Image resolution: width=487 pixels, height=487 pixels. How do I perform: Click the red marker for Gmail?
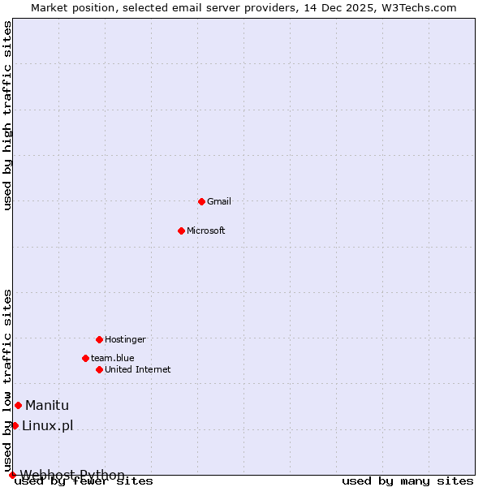tap(201, 201)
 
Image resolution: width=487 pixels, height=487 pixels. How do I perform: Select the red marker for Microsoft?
tap(181, 231)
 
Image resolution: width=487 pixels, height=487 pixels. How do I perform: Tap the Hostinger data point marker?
tap(99, 339)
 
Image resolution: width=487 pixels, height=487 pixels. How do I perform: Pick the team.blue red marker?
tap(85, 358)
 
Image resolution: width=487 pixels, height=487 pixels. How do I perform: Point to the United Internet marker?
tap(99, 369)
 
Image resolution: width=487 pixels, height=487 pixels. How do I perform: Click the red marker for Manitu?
tap(18, 405)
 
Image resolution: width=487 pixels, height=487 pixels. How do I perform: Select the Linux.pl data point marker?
tap(15, 425)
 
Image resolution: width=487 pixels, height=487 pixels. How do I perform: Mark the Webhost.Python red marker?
tap(12, 475)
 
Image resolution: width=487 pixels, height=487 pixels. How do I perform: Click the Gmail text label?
tap(219, 201)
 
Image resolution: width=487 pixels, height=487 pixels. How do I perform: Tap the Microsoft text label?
tap(206, 231)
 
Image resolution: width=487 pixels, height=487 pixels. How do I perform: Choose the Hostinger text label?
tap(125, 339)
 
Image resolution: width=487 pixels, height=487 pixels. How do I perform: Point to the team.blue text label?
tap(113, 358)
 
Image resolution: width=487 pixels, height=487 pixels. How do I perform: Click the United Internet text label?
tap(138, 369)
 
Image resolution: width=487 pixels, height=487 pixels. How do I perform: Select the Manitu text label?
tap(47, 406)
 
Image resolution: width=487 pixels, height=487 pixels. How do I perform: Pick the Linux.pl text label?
tap(48, 426)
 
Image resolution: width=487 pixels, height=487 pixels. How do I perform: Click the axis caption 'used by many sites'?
tap(407, 481)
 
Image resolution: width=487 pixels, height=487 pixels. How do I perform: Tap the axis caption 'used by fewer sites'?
tap(84, 481)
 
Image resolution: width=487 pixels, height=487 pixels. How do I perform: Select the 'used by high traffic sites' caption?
tap(8, 116)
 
